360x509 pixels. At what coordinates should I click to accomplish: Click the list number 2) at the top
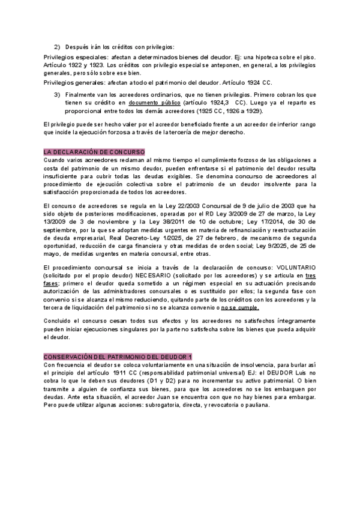57,46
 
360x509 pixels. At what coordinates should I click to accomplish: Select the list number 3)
57,94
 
